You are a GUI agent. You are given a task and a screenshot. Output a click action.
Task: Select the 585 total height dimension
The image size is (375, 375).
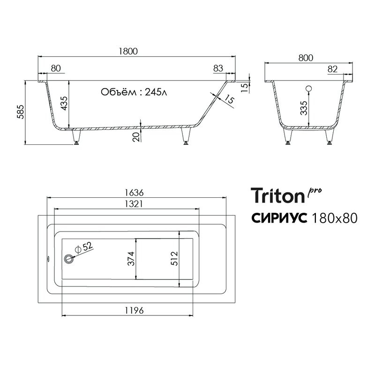pos(20,112)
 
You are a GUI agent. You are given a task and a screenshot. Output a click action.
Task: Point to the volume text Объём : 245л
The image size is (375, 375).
pos(134,92)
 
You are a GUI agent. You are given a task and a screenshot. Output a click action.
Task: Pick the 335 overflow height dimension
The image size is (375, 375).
pos(304,110)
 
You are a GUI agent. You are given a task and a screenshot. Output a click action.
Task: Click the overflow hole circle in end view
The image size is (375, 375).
pos(309,89)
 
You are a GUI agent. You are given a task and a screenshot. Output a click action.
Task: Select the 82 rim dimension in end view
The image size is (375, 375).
pos(333,69)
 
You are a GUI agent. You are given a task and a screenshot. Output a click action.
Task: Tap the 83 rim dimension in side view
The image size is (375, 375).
pos(218,68)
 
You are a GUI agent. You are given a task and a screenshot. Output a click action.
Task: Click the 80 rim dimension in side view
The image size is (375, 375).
pos(55,68)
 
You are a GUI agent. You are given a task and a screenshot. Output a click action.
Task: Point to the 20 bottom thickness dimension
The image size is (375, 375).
pos(136,136)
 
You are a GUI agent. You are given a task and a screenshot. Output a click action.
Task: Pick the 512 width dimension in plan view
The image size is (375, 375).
pos(175,258)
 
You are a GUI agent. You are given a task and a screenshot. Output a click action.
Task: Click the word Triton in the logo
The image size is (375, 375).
pos(277,195)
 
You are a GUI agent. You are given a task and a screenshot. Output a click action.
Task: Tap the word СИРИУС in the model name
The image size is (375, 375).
pos(279,218)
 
